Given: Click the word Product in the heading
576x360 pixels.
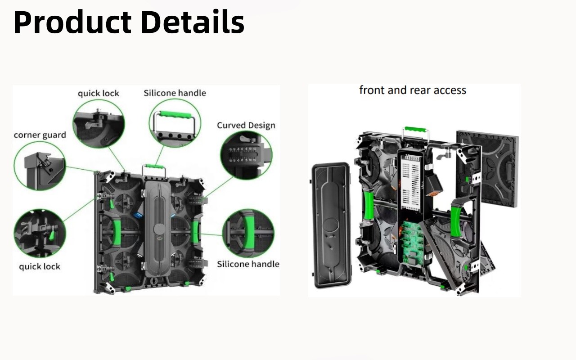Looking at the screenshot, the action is pos(72,22).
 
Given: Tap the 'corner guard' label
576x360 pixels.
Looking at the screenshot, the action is pos(40,135).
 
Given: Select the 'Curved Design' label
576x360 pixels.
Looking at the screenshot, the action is pos(246,126).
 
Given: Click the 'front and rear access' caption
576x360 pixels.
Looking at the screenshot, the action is pos(413,90).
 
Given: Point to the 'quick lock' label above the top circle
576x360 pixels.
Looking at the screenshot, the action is pos(99,93).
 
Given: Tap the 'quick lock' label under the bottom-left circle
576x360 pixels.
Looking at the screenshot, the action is pos(40,266).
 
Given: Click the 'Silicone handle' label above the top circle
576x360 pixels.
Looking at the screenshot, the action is pos(175,93).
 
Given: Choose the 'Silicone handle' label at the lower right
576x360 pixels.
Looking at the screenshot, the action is pos(248,264).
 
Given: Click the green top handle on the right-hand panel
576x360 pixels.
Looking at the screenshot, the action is pos(415,130).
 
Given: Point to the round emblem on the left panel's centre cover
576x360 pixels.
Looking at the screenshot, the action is pos(159,229).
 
